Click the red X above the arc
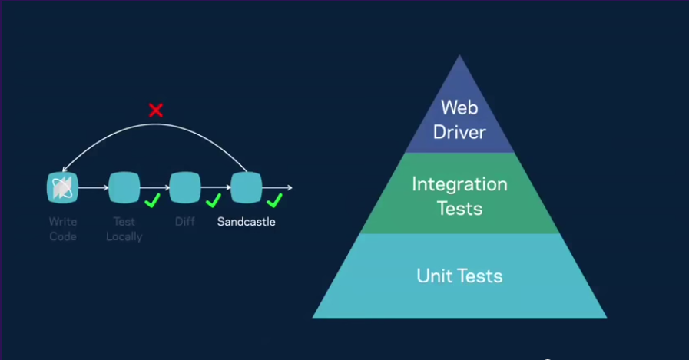click(156, 110)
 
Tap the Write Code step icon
click(62, 187)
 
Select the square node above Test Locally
click(124, 187)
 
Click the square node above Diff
click(185, 187)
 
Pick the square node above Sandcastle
click(247, 187)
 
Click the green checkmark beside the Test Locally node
click(153, 201)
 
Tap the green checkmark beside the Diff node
click(214, 201)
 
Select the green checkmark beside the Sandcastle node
click(275, 201)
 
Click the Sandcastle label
click(246, 222)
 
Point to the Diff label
click(185, 222)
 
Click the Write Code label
click(63, 230)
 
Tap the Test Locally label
click(124, 230)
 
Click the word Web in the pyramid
click(459, 107)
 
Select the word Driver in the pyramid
click(459, 132)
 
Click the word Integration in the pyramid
click(459, 184)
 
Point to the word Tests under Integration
click(459, 209)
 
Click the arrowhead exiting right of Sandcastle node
click(290, 187)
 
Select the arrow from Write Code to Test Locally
click(93, 187)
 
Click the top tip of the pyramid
click(459, 55)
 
